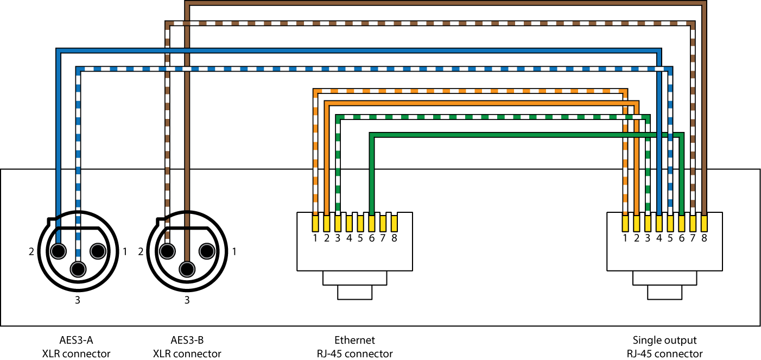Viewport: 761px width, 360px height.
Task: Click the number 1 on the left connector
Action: tap(315, 238)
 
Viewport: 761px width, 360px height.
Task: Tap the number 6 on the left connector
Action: tap(372, 238)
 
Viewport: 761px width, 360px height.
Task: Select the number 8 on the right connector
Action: tap(704, 238)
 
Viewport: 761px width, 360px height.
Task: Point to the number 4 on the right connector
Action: tap(659, 238)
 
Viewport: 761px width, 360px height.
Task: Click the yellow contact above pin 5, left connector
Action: tap(360, 223)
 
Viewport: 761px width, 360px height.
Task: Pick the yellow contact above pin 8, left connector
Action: tap(394, 223)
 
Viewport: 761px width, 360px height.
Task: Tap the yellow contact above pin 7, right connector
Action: tap(693, 223)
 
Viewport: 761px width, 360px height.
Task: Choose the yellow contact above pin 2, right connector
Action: tap(636, 223)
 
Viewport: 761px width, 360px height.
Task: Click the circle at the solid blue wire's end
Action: tap(58, 251)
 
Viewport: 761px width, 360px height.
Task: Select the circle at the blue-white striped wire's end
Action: tap(78, 269)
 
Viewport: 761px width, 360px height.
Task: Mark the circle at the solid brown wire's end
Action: tap(187, 269)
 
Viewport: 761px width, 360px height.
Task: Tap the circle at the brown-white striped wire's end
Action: tap(167, 251)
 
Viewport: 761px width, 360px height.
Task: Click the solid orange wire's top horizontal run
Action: tap(478, 103)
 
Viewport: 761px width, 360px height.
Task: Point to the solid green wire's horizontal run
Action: tap(510, 135)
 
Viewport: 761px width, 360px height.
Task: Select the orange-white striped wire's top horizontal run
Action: tap(467, 91)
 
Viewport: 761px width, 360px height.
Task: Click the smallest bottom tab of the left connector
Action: tap(355, 292)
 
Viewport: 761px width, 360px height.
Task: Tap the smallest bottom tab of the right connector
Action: tap(664, 292)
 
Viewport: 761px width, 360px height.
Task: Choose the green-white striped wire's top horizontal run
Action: tap(489, 117)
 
